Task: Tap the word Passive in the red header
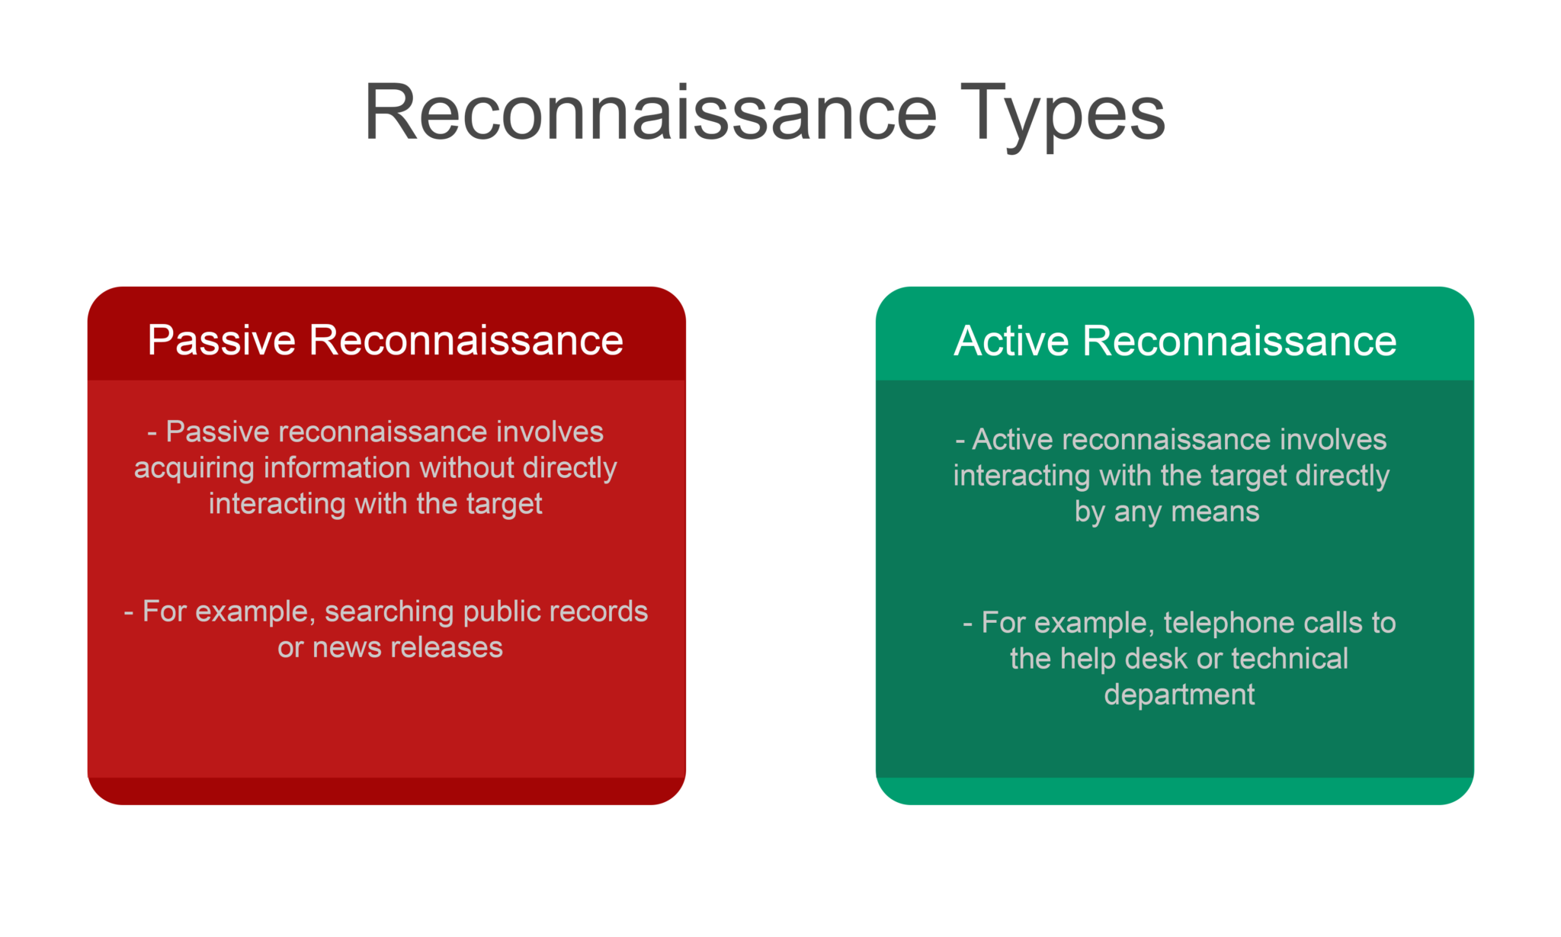click(x=221, y=340)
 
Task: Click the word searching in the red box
click(x=389, y=611)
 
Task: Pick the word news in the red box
click(x=347, y=647)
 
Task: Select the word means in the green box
click(x=1215, y=512)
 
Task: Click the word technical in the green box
click(x=1290, y=659)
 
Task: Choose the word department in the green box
click(x=1179, y=695)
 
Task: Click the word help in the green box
click(x=1088, y=659)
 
